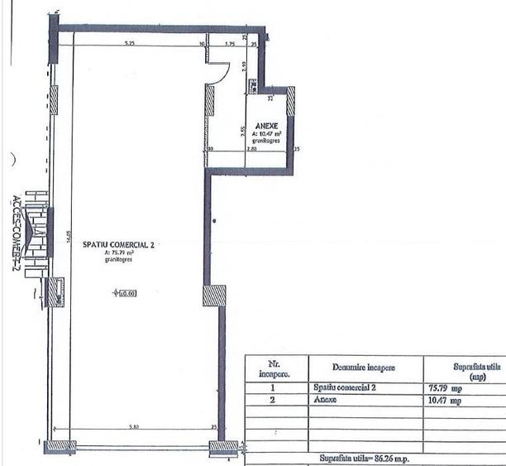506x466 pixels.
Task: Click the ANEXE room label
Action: coord(267,125)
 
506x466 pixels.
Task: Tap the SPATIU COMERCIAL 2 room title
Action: coord(119,245)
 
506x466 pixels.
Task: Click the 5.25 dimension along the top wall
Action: coord(130,41)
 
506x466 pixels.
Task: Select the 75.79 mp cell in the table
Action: coord(445,387)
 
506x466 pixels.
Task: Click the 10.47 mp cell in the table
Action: coord(445,400)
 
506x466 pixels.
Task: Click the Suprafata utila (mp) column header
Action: coord(466,368)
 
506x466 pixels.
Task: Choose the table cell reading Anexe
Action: coord(327,400)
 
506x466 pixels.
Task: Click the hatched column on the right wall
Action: coord(214,296)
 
